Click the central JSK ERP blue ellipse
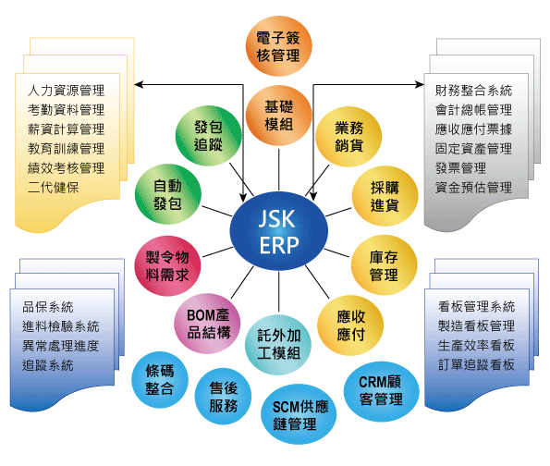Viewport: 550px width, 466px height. coord(279,231)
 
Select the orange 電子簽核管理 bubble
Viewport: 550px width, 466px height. coord(278,46)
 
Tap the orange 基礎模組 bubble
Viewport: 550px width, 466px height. coord(278,116)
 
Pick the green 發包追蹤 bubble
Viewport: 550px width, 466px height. coord(208,135)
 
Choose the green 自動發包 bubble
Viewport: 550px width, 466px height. coord(167,194)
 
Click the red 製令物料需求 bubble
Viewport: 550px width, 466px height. coord(167,265)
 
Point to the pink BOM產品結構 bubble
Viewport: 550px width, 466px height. coord(207,324)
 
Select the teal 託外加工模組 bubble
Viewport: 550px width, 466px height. coord(278,344)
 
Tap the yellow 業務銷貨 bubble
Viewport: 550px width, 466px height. coord(348,137)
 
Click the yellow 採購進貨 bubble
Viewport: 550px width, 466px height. coord(385,196)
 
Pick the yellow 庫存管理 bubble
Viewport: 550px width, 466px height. coord(384,265)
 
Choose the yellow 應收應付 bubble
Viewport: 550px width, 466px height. coord(350,325)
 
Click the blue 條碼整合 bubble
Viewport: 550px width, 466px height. coord(160,380)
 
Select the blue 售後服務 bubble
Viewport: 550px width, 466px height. coord(223,397)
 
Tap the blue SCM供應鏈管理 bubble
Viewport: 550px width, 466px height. coord(299,414)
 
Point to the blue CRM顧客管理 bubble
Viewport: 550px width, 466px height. coord(381,391)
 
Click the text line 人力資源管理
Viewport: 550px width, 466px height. coord(66,91)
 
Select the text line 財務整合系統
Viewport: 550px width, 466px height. coord(473,91)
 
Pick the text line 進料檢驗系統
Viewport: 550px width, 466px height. coord(61,326)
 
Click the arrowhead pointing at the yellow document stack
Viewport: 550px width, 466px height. coord(139,84)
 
